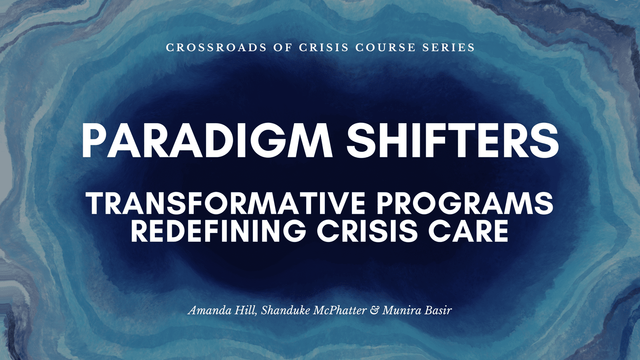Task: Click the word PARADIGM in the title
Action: pyautogui.click(x=207, y=141)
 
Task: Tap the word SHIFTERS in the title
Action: pyautogui.click(x=452, y=141)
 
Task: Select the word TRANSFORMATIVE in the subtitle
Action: pyautogui.click(x=226, y=203)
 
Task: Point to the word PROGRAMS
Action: pyautogui.click(x=465, y=203)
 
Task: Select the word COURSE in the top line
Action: pyautogui.click(x=385, y=47)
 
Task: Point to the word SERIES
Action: pyautogui.click(x=449, y=47)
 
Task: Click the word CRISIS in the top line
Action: pyautogui.click(x=324, y=47)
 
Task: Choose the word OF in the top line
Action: pyautogui.click(x=283, y=47)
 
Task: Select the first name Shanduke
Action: pyautogui.click(x=285, y=310)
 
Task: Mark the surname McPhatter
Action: pyautogui.click(x=340, y=310)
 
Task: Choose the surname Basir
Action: pyautogui.click(x=438, y=310)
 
